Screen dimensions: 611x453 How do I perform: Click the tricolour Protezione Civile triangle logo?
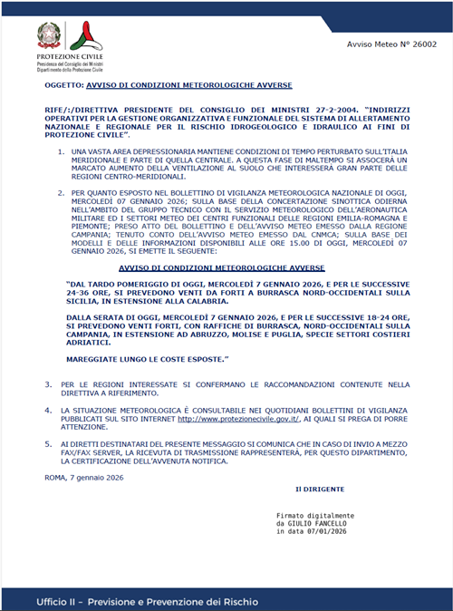point(82,35)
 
